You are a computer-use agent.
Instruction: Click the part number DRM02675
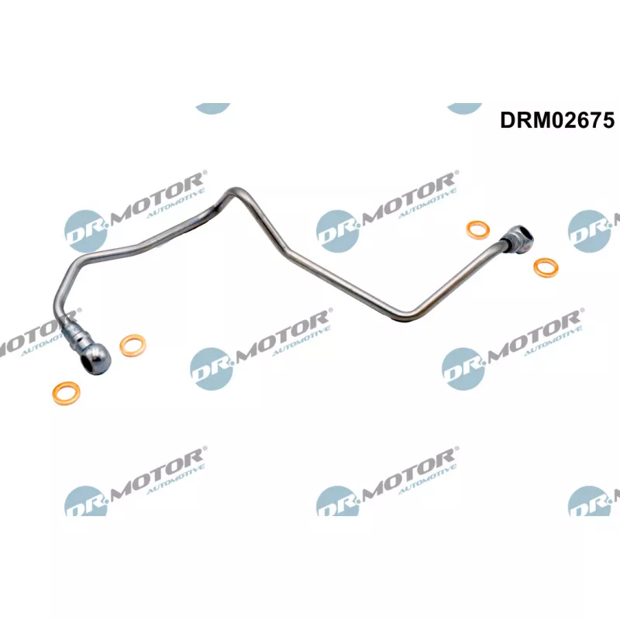click(556, 120)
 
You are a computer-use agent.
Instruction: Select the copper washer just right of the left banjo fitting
click(133, 346)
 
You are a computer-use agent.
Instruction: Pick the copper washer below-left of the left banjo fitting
click(66, 393)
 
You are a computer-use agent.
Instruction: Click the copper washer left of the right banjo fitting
click(478, 229)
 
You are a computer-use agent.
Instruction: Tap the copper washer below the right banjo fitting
click(546, 267)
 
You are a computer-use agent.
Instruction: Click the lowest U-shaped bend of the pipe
click(405, 315)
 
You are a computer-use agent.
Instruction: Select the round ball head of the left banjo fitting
click(94, 358)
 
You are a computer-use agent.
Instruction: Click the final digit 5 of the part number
click(608, 120)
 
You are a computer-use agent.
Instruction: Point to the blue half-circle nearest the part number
click(464, 108)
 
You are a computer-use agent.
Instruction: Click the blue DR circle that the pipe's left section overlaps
click(86, 231)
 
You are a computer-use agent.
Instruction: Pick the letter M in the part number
click(543, 120)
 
